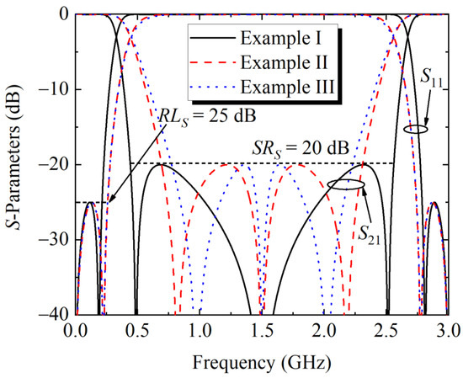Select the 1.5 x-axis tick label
pos(262,331)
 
